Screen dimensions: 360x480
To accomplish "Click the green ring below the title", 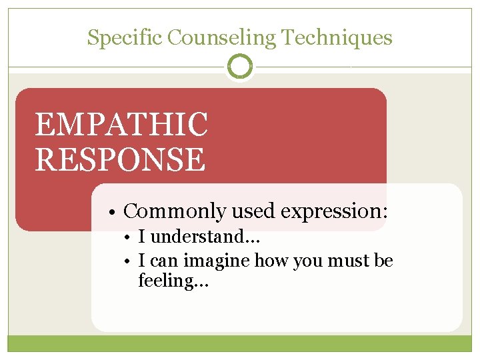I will (240, 67).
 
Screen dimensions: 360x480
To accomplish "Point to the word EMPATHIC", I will (121, 125).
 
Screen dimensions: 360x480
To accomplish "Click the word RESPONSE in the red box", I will (120, 159).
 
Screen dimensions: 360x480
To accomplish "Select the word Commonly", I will (175, 211).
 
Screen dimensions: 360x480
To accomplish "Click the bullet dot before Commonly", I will (115, 212).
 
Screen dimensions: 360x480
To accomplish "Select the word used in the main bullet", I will (254, 211).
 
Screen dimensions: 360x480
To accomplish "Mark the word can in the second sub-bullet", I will (163, 261).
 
